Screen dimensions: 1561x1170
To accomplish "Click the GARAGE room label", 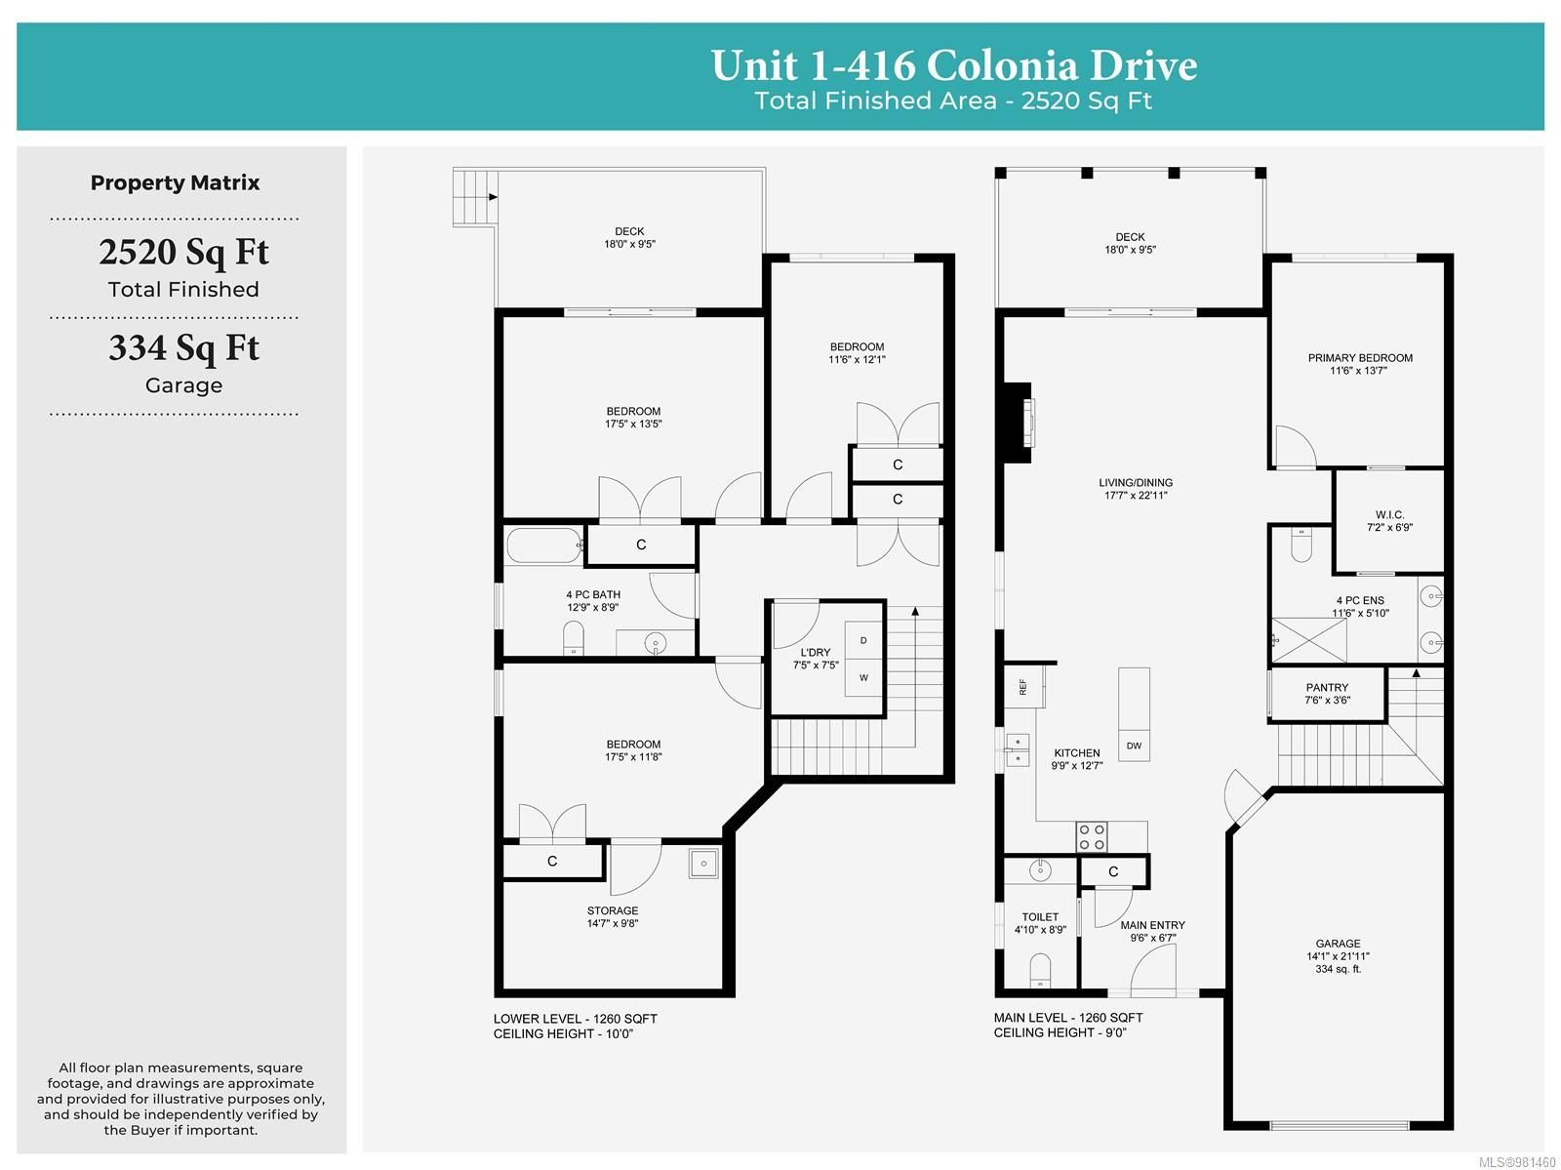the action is tap(1337, 943).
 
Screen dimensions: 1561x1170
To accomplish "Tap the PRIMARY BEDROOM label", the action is tap(1360, 358).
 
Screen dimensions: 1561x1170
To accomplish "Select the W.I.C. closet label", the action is tap(1389, 514).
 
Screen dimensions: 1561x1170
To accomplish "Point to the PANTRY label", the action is tap(1326, 687).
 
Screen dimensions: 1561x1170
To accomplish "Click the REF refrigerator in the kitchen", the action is tap(1023, 686).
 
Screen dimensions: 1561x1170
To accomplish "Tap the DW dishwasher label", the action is tap(1134, 746).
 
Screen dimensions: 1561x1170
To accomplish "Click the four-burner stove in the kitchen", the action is tap(1091, 836).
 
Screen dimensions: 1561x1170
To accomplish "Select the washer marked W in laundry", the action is tap(863, 677).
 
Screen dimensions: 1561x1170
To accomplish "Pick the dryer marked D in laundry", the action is tap(863, 640).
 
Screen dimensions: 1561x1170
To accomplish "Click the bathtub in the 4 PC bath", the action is tap(544, 545).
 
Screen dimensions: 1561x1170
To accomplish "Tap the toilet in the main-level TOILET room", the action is tap(1040, 970).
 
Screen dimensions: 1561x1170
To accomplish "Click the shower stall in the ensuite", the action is tap(1308, 640).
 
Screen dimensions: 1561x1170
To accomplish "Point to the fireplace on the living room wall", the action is tap(1018, 424).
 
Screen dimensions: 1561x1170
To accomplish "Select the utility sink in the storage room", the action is tap(702, 864).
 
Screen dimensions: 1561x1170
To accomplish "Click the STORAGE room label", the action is tap(613, 910).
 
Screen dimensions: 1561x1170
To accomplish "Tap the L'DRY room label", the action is tap(815, 652).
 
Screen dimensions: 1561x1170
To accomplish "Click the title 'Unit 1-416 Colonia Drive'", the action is tap(953, 65).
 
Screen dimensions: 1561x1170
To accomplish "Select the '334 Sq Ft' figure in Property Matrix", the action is tap(183, 347).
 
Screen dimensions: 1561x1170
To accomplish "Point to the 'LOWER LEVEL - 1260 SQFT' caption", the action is tap(575, 1019).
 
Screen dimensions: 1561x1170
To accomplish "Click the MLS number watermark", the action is tap(1517, 1162).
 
